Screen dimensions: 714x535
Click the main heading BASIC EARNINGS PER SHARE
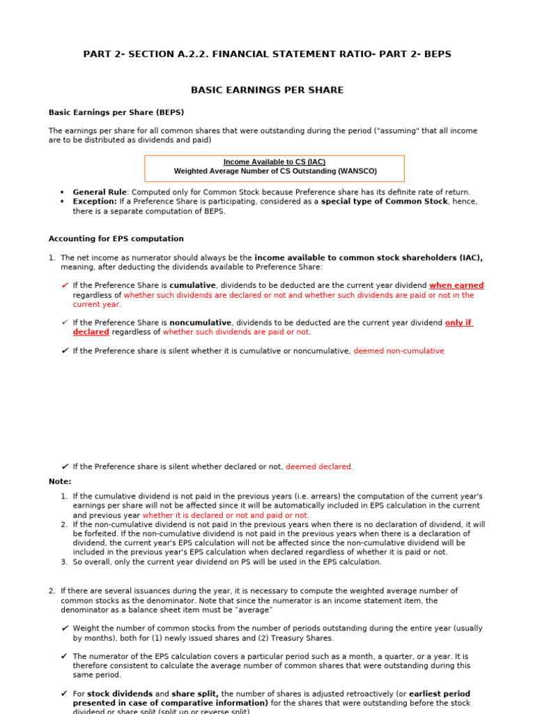pos(267,90)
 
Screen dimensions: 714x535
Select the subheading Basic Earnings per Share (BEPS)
pos(116,112)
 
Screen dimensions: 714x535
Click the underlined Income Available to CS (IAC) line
pos(274,162)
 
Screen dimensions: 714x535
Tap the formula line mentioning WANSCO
pos(274,171)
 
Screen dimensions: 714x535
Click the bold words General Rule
pos(100,192)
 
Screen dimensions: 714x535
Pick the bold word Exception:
pos(95,202)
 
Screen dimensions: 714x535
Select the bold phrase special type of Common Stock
pos(384,202)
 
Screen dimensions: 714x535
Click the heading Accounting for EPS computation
pos(116,238)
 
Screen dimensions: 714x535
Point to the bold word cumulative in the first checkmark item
pos(193,285)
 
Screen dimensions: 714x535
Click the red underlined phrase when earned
pos(456,285)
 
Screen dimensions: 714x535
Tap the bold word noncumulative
pos(200,323)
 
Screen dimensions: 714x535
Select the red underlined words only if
pos(458,323)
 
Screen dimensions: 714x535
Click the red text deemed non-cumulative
pos(398,351)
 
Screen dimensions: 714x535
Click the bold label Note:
pos(60,481)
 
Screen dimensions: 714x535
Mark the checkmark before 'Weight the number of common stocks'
pos(64,628)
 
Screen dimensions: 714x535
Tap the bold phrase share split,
pos(195,694)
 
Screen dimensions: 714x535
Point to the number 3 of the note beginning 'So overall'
pos(63,561)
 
